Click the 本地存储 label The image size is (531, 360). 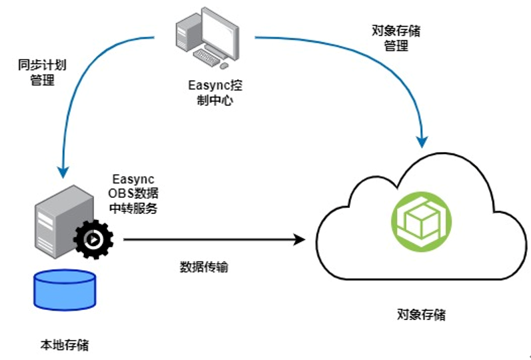[65, 345]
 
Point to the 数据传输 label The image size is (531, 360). [207, 267]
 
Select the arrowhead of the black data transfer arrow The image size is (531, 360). [299, 239]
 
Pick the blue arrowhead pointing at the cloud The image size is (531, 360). [422, 141]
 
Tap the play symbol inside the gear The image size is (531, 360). [95, 238]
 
